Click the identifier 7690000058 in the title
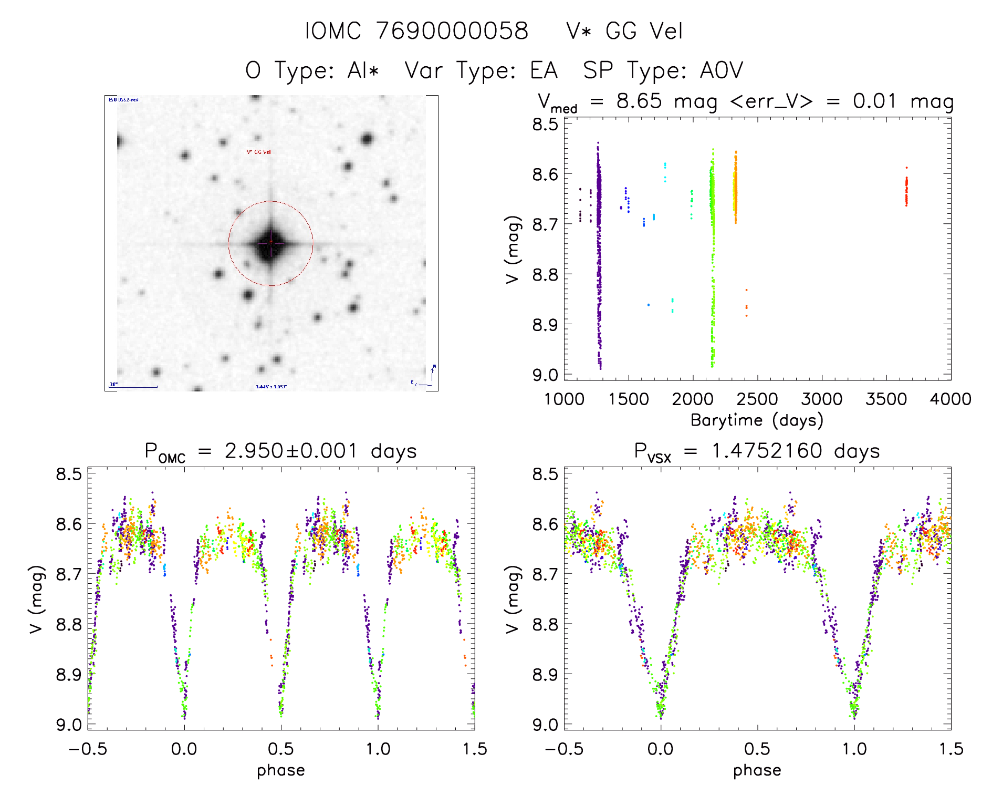click(x=452, y=31)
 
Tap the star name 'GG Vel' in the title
click(x=644, y=31)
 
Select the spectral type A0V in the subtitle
click(x=721, y=70)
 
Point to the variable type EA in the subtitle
click(x=544, y=70)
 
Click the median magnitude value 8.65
click(x=639, y=101)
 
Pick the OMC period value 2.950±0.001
click(x=291, y=451)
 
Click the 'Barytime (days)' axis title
click(x=757, y=420)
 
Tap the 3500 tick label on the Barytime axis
click(x=886, y=399)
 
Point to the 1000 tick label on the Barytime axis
click(x=564, y=399)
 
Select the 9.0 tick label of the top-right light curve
click(x=545, y=375)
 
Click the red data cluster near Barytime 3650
click(x=906, y=190)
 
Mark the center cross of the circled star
click(x=270, y=243)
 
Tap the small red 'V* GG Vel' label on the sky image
click(x=259, y=152)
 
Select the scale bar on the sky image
click(x=133, y=387)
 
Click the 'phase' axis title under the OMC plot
click(x=280, y=770)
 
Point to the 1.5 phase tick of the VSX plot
click(x=951, y=749)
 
